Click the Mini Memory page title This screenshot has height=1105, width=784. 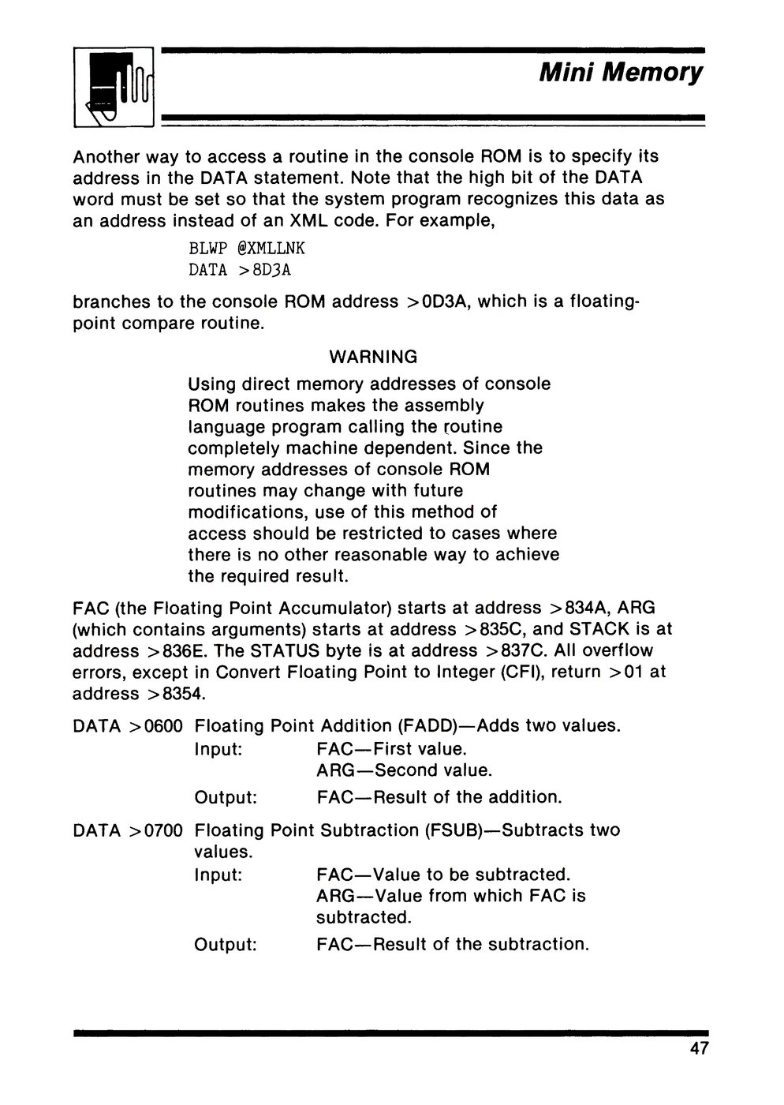tap(620, 73)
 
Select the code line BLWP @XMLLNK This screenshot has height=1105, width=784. tap(246, 249)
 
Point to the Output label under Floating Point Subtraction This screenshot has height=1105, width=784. tap(226, 944)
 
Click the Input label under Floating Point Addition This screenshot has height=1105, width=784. tap(218, 748)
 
